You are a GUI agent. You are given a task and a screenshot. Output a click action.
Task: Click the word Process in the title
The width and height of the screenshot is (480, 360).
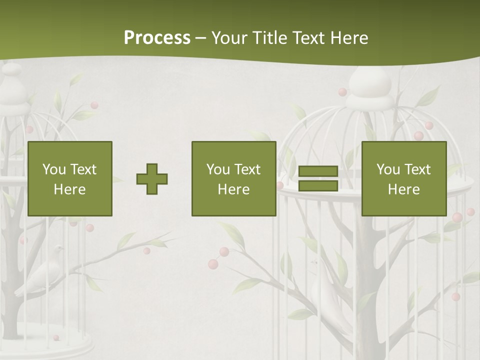pyautogui.click(x=157, y=38)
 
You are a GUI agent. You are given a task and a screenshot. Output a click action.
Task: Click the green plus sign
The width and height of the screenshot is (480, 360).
pyautogui.click(x=152, y=179)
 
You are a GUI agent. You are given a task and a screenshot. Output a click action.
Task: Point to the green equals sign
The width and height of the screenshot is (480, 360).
pyautogui.click(x=318, y=178)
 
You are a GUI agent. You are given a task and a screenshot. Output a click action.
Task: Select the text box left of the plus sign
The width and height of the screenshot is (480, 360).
pyautogui.click(x=70, y=178)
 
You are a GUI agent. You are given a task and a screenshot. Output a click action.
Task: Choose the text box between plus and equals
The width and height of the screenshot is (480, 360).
pyautogui.click(x=233, y=178)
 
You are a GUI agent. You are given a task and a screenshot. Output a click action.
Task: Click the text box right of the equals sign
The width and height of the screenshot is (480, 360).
pyautogui.click(x=403, y=178)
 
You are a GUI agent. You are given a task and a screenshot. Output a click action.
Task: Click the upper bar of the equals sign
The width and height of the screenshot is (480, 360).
pyautogui.click(x=318, y=171)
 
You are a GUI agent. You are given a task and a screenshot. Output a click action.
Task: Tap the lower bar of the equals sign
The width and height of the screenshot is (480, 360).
pyautogui.click(x=318, y=185)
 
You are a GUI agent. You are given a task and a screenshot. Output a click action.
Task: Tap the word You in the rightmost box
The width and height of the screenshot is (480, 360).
pyautogui.click(x=387, y=169)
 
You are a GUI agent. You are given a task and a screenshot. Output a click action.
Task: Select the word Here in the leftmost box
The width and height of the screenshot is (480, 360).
pyautogui.click(x=70, y=189)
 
